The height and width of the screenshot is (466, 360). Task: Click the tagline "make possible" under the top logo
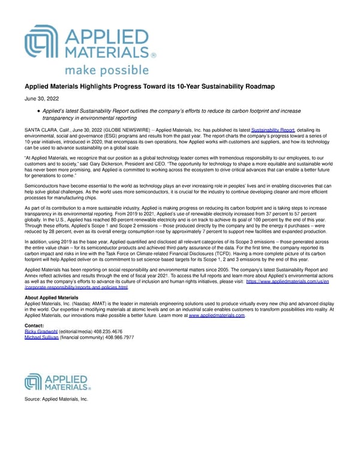click(x=106, y=70)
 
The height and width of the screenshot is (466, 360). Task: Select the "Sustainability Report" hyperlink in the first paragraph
click(x=272, y=130)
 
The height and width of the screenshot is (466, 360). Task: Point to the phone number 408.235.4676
click(x=112, y=331)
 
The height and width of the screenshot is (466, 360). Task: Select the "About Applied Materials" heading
click(x=51, y=298)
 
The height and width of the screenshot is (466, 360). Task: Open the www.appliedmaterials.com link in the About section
click(x=217, y=315)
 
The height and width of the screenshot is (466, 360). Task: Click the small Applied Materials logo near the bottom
click(x=57, y=383)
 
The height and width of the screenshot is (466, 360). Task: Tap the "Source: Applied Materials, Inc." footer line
click(x=56, y=399)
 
